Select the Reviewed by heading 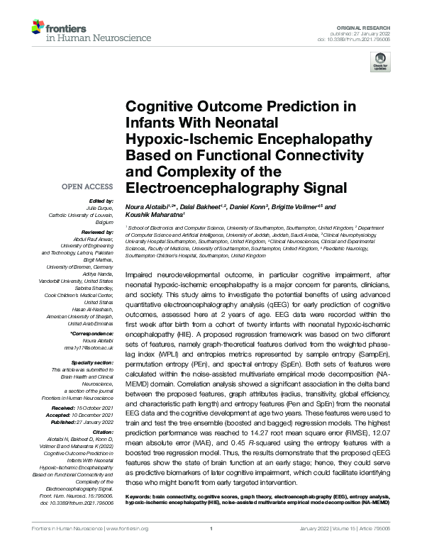(x=97, y=233)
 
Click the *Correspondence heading (x=93, y=333)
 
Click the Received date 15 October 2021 (x=93, y=408)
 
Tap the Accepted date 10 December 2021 (x=93, y=415)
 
